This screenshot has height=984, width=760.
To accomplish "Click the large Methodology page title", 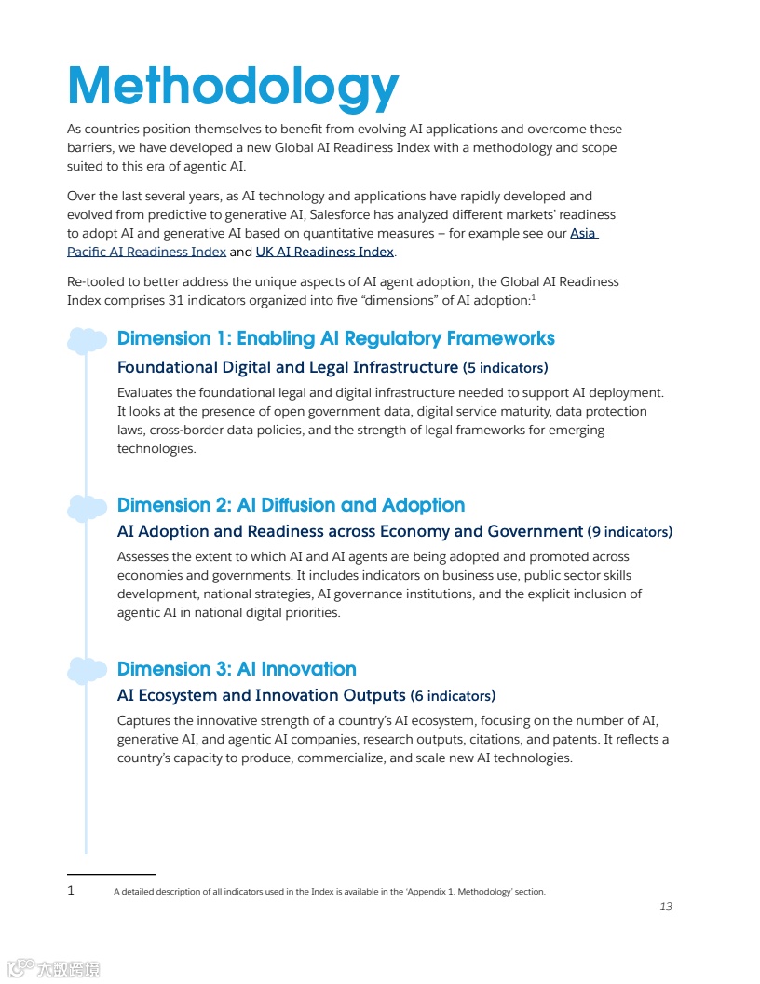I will [x=233, y=87].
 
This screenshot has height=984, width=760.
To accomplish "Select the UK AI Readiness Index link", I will [x=324, y=252].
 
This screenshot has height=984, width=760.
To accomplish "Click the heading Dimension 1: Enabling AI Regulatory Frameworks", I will [x=335, y=338].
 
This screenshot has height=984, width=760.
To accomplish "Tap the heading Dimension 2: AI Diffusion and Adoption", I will [x=291, y=505].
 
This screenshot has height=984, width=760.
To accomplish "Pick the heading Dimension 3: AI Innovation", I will [x=237, y=669].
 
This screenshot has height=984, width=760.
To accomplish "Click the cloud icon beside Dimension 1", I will [x=87, y=340].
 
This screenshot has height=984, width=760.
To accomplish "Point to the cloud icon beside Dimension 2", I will [x=87, y=507].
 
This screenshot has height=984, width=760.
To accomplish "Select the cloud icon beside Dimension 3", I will [x=87, y=670].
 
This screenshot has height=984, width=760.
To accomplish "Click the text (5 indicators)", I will [x=505, y=367].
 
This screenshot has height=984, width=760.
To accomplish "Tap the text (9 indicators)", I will [x=630, y=532].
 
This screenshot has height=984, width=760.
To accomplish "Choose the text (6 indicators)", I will [x=453, y=696].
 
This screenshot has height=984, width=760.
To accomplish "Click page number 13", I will [x=665, y=907].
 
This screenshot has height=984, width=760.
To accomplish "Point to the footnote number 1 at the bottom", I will [x=71, y=891].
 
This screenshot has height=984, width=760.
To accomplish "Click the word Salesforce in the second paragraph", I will [x=341, y=214].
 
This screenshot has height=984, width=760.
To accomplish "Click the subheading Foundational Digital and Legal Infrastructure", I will [x=288, y=367].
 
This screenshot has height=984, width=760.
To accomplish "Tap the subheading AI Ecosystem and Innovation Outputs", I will [x=261, y=696].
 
